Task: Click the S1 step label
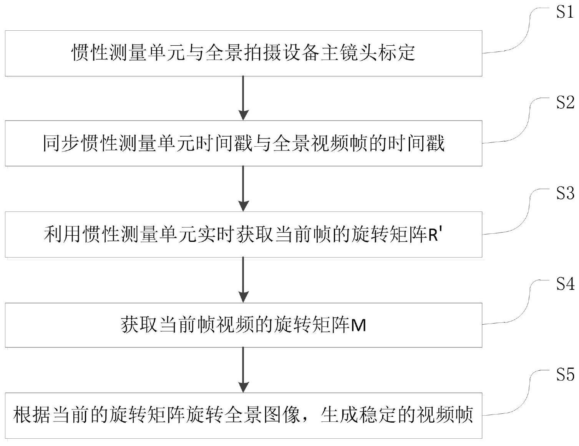point(565,13)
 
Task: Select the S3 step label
point(565,194)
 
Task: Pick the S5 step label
point(565,375)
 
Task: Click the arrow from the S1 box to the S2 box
point(244,98)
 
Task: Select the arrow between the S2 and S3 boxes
point(244,188)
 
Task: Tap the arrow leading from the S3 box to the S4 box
point(244,279)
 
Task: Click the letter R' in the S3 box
point(436,235)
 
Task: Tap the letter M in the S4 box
point(358,326)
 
